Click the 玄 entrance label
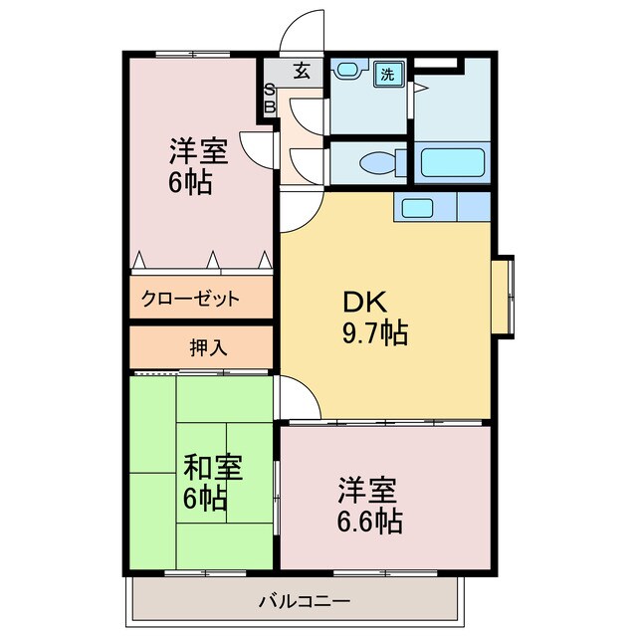tap(302, 71)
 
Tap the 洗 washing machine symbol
tap(389, 74)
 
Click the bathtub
tap(453, 163)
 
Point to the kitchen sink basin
tap(417, 208)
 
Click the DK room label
tap(364, 303)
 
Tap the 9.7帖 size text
tap(375, 333)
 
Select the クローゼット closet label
tap(190, 299)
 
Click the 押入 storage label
tap(208, 347)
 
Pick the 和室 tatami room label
tap(213, 467)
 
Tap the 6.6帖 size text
tap(369, 522)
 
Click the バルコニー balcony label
tap(305, 601)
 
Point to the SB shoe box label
tap(270, 99)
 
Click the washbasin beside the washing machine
tap(347, 69)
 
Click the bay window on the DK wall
tap(503, 297)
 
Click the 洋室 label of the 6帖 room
tap(199, 150)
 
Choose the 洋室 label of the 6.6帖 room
tap(367, 491)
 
